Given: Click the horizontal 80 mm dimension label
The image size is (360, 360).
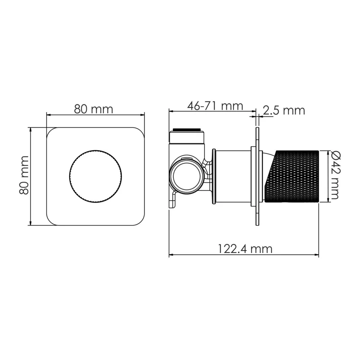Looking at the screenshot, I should [x=94, y=108].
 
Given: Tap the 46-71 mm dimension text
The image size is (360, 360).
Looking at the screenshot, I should [x=215, y=106].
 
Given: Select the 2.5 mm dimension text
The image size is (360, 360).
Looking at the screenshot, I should [x=283, y=110].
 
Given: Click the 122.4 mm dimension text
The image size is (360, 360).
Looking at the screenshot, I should [x=245, y=248].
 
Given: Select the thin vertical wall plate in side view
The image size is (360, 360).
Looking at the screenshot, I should [x=257, y=175].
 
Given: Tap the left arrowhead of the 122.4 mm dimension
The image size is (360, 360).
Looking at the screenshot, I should [x=171, y=256].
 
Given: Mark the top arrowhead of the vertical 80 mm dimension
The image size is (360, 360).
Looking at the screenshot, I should [x=30, y=130].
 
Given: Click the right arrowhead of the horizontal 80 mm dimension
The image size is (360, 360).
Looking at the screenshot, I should [x=144, y=115].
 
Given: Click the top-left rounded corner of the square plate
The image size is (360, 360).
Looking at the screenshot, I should [x=50, y=131].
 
